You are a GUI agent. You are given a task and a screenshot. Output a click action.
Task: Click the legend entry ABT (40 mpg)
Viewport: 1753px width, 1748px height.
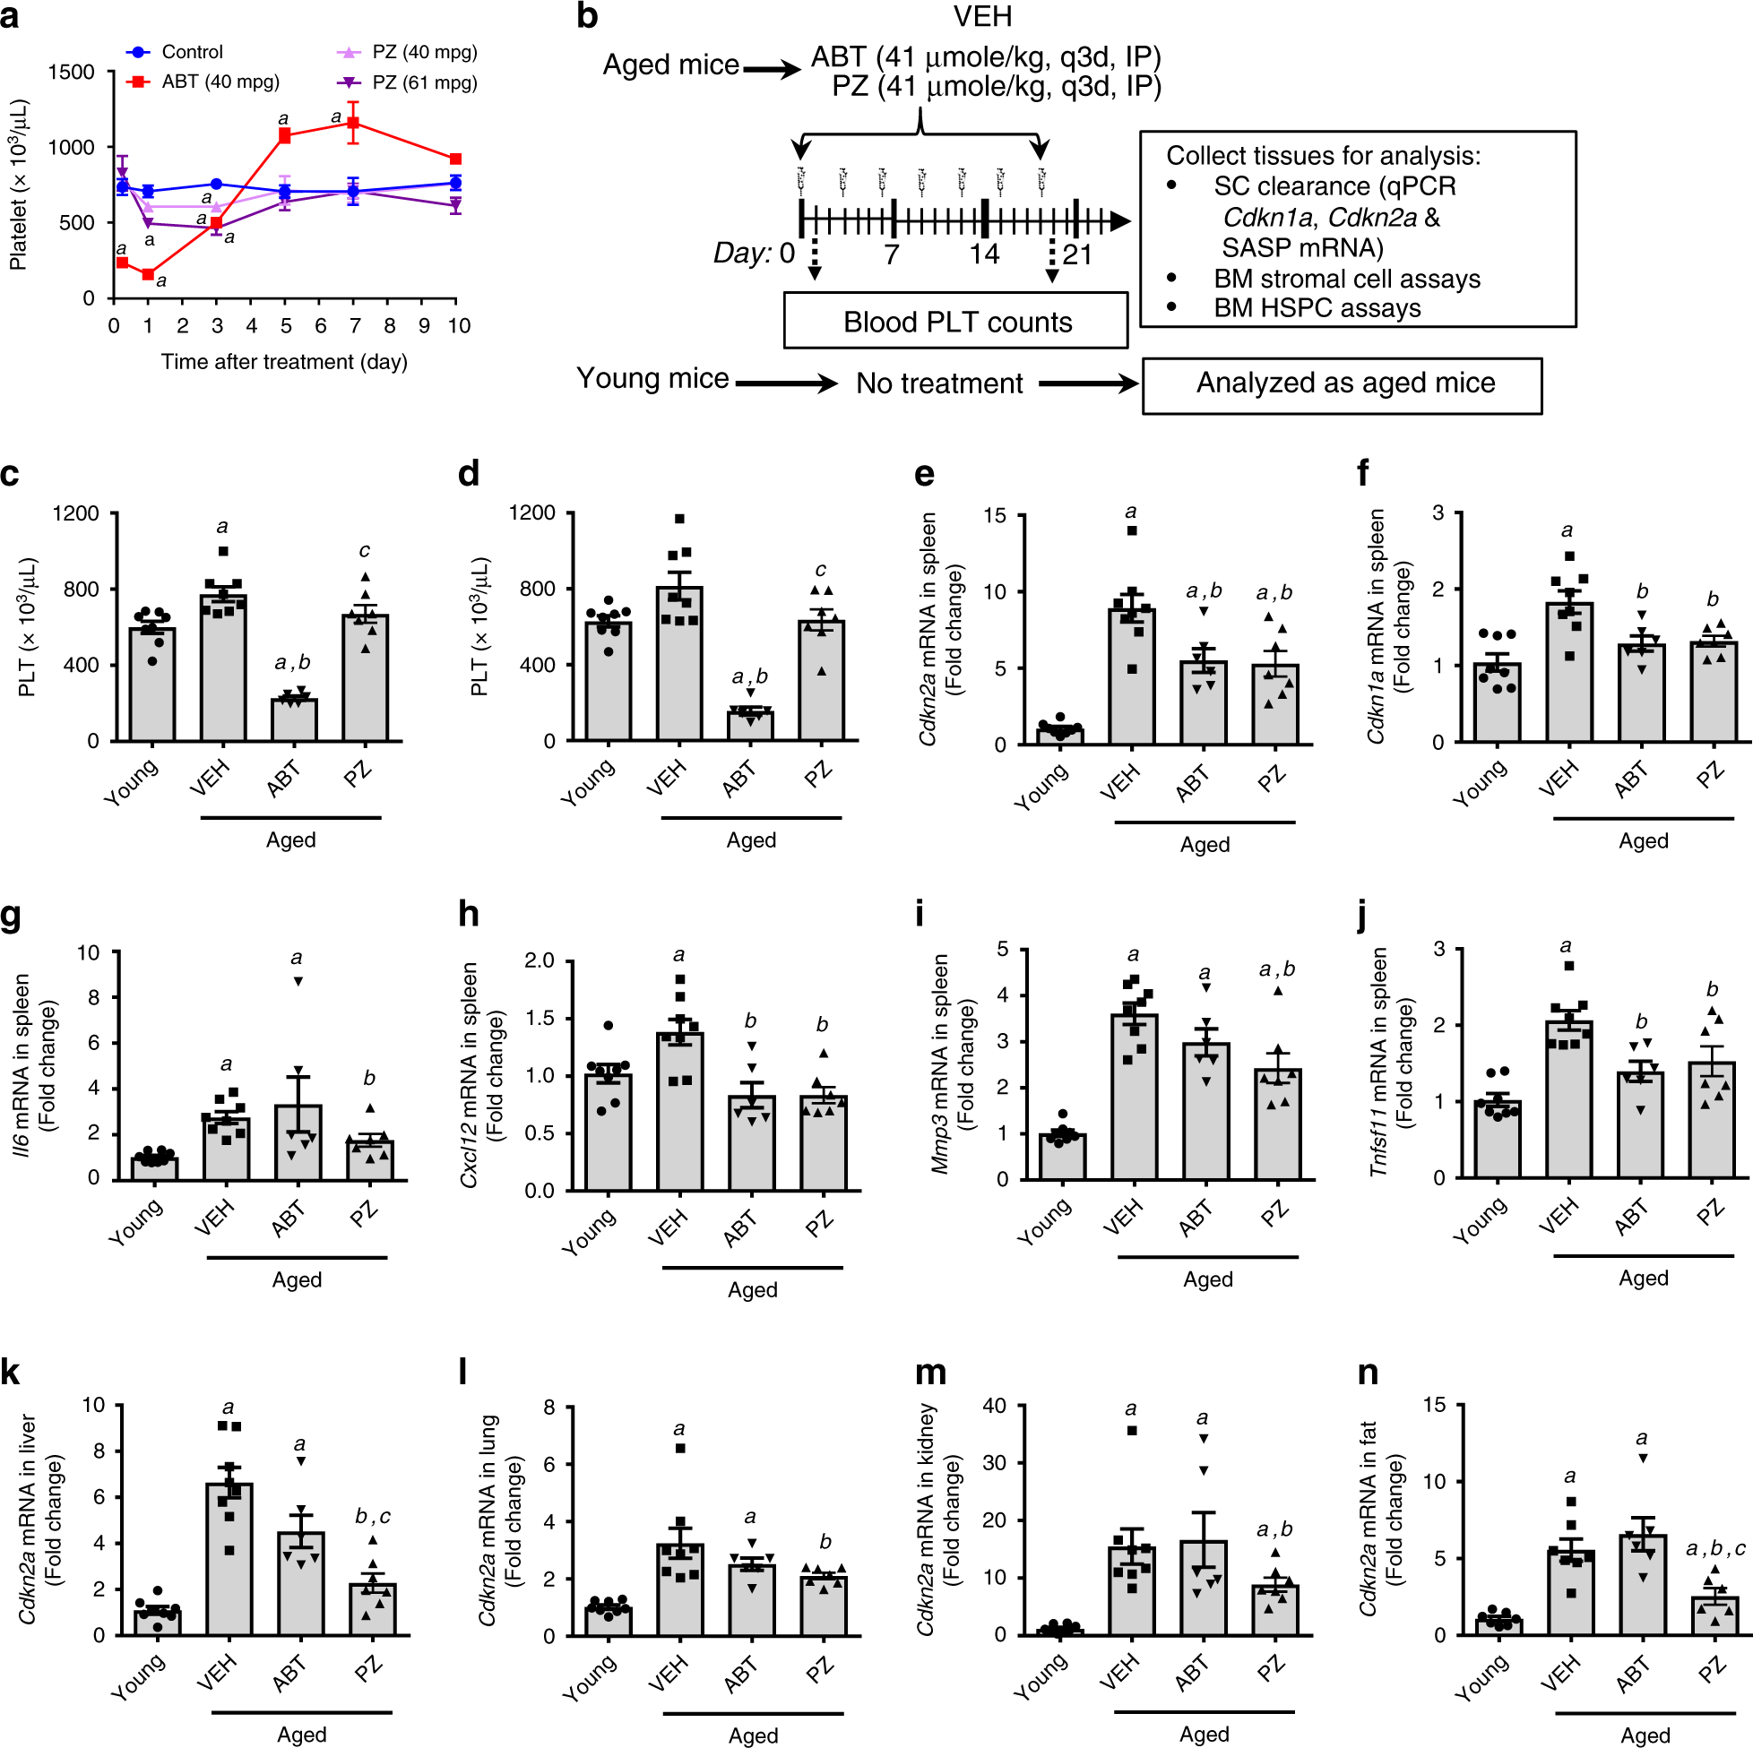tap(220, 82)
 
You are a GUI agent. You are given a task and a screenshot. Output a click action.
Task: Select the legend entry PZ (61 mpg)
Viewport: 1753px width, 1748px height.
tap(424, 82)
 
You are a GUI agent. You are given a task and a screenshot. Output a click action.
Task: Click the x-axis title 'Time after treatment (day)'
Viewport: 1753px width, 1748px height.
tap(284, 361)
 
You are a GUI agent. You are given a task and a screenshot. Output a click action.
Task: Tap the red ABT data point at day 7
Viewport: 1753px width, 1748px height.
tap(354, 123)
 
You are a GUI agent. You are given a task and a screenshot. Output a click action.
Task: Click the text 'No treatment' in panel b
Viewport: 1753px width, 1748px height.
tap(939, 383)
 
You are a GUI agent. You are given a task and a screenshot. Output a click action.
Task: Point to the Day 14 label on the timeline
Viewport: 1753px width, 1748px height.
tap(983, 254)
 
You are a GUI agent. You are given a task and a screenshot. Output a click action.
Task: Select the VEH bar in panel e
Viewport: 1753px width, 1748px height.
tap(1131, 676)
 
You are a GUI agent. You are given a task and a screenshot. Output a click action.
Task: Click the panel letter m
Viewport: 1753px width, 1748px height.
tap(930, 1373)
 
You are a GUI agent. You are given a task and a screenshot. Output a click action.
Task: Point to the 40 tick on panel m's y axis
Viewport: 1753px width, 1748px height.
tap(995, 1406)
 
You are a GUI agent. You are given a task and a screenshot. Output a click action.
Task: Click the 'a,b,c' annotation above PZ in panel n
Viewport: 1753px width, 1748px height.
tap(1714, 1548)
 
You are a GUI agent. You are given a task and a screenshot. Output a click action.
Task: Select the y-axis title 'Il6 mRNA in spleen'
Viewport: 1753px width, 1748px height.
tap(22, 1065)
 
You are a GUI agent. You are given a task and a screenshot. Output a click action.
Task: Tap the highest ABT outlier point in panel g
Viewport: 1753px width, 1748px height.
tap(298, 981)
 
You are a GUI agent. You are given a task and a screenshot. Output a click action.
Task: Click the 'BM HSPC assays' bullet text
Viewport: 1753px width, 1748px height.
tap(1317, 308)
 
